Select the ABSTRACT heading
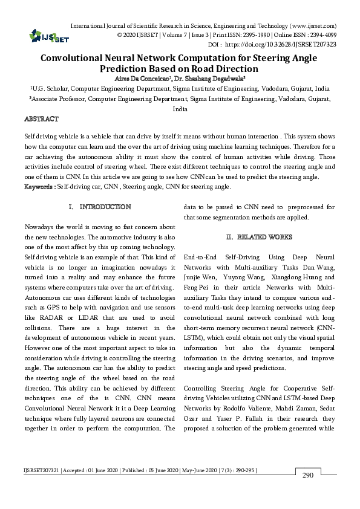click(42, 119)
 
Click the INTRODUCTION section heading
click(105, 207)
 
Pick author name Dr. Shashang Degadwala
click(206, 78)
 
